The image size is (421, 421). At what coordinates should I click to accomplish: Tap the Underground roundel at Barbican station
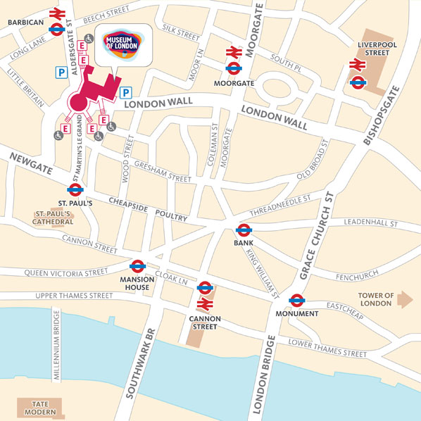click(x=56, y=29)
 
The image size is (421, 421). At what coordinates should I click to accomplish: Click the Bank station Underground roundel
click(x=244, y=230)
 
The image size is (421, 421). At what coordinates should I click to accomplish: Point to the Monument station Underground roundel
click(x=296, y=299)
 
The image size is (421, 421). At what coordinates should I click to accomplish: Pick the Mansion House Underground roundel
click(x=138, y=265)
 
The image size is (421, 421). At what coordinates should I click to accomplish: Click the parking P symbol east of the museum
click(x=127, y=92)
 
